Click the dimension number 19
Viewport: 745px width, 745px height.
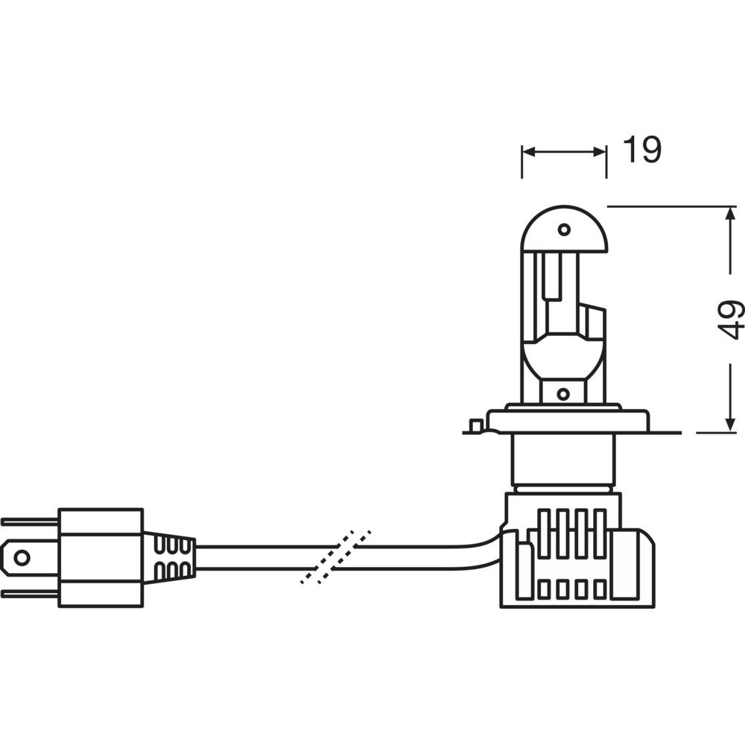coord(641,150)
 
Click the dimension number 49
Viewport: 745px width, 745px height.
coord(732,319)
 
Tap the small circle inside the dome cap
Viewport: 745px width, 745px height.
coord(564,229)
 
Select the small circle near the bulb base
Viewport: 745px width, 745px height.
coord(563,393)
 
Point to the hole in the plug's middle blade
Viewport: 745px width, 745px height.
coord(22,557)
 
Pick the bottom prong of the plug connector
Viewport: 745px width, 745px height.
coord(30,594)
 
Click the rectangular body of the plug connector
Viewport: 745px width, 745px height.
coord(101,557)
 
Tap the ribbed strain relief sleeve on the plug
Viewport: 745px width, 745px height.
coord(170,558)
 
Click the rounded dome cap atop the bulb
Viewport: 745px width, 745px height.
coord(564,227)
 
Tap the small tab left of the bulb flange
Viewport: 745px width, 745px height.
coord(474,426)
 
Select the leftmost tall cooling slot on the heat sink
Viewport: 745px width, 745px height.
coord(545,533)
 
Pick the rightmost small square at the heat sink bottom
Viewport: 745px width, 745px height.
coord(600,589)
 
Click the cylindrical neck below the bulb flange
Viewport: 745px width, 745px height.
coord(563,458)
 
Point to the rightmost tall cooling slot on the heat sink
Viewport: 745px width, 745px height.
coord(600,533)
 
